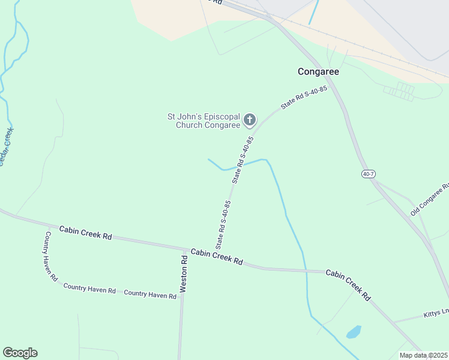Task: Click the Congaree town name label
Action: point(318,71)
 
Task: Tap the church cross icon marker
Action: point(250,121)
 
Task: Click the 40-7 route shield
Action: point(369,174)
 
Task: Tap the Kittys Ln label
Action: point(436,314)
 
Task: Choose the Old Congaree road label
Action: point(430,200)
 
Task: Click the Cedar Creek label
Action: point(6,147)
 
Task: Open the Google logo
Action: point(20,353)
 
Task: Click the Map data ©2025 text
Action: point(423,355)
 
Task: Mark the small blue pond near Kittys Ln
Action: point(354,332)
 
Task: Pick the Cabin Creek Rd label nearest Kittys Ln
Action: point(348,284)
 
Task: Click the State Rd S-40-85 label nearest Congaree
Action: point(304,97)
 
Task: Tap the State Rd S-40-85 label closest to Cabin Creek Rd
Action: point(223,224)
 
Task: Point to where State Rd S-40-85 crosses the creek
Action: point(236,167)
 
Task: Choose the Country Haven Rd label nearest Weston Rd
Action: point(150,294)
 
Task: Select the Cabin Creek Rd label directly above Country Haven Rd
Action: point(86,233)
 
